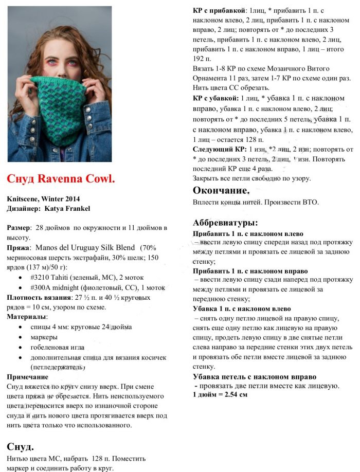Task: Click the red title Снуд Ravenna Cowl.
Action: pyautogui.click(x=61, y=178)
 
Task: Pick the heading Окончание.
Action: pyautogui.click(x=221, y=191)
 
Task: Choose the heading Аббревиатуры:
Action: pyautogui.click(x=225, y=223)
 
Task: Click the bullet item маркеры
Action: pyautogui.click(x=44, y=337)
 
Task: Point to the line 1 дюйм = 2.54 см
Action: pyautogui.click(x=220, y=394)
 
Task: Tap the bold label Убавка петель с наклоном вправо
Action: pyautogui.click(x=250, y=377)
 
